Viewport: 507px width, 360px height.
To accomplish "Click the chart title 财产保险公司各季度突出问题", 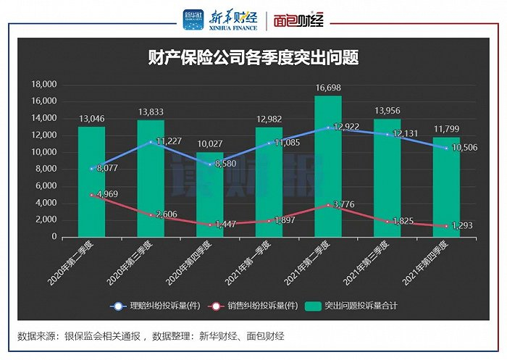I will point(253,58).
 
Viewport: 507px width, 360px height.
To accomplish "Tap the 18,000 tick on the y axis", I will point(43,84).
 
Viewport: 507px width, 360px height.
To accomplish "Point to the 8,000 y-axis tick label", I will point(46,169).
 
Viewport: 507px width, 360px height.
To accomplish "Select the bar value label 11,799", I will point(447,130).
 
